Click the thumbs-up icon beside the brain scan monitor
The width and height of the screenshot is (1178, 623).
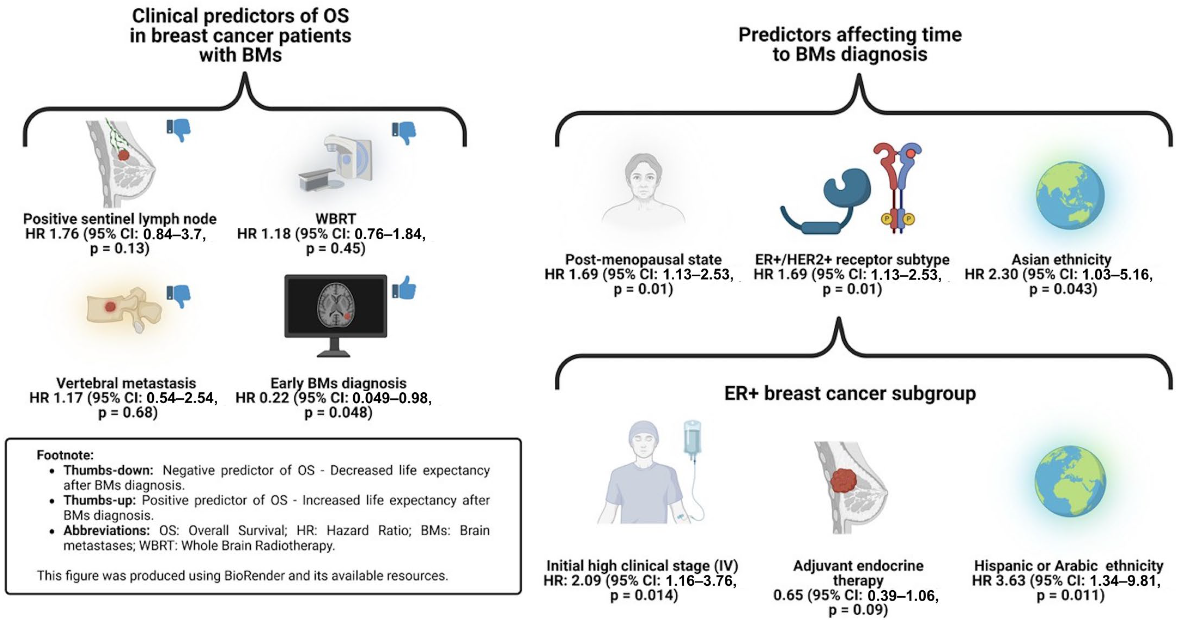404,288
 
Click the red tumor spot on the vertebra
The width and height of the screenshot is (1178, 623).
110,307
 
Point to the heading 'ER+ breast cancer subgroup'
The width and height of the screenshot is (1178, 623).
850,393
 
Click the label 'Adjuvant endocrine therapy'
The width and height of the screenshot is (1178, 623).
858,573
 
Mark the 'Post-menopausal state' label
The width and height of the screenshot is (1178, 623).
643,259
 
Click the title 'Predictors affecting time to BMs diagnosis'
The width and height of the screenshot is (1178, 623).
850,44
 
